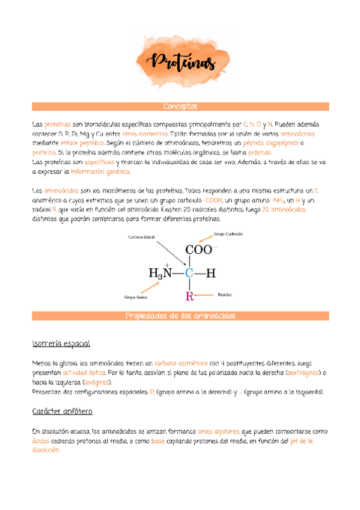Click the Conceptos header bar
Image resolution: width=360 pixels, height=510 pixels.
pos(180,106)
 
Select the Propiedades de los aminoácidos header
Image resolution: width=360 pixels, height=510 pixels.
pos(180,316)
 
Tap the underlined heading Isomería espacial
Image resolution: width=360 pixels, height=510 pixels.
pos(61,343)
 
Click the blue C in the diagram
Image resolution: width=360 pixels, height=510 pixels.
pos(189,273)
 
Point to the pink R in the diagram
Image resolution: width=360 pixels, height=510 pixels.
pos(190,295)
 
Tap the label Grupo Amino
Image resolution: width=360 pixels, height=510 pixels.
pos(135,296)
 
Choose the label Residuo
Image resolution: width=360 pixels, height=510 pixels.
pos(225,295)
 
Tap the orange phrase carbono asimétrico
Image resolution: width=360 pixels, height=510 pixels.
pos(180,363)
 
